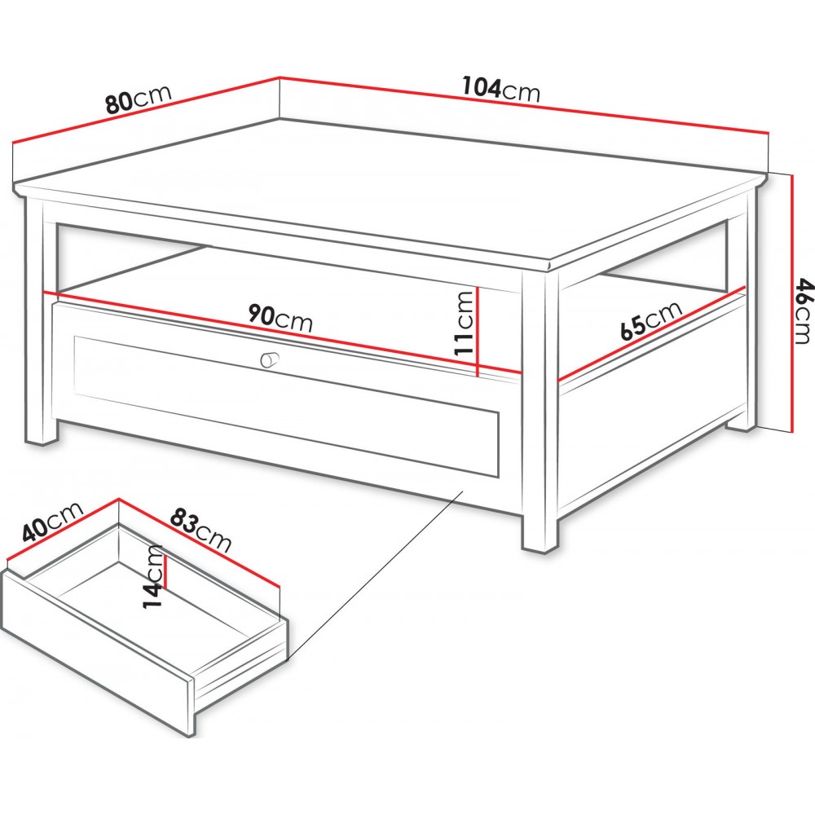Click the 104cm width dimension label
(501, 89)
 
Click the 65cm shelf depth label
(644, 320)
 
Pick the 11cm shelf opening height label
(464, 323)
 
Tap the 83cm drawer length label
(200, 530)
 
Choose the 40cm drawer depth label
(52, 522)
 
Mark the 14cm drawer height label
(153, 576)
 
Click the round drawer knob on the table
(269, 359)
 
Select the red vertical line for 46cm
(791, 303)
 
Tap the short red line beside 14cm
(165, 571)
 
